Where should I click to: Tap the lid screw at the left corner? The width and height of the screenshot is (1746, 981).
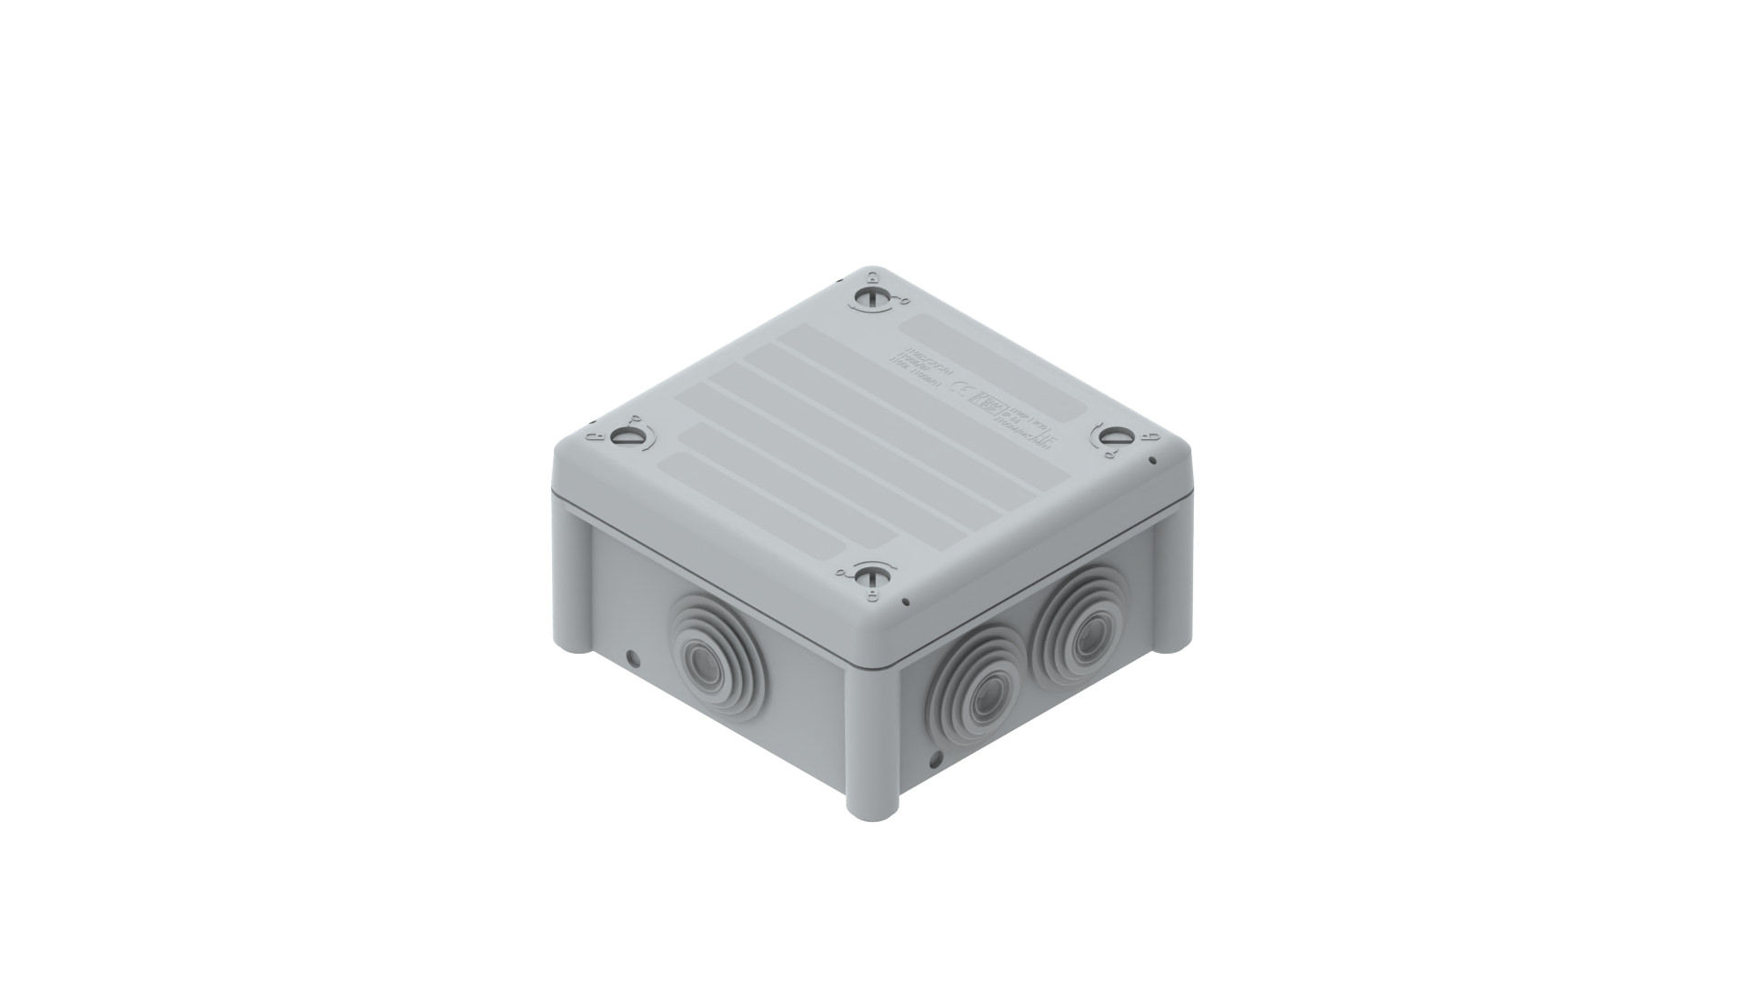[x=623, y=437]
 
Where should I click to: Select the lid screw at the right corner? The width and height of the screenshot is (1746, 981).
[x=1111, y=436]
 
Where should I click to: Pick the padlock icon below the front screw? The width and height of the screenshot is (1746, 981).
[x=871, y=596]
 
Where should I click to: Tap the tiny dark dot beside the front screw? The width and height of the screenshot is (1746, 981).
[x=906, y=601]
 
